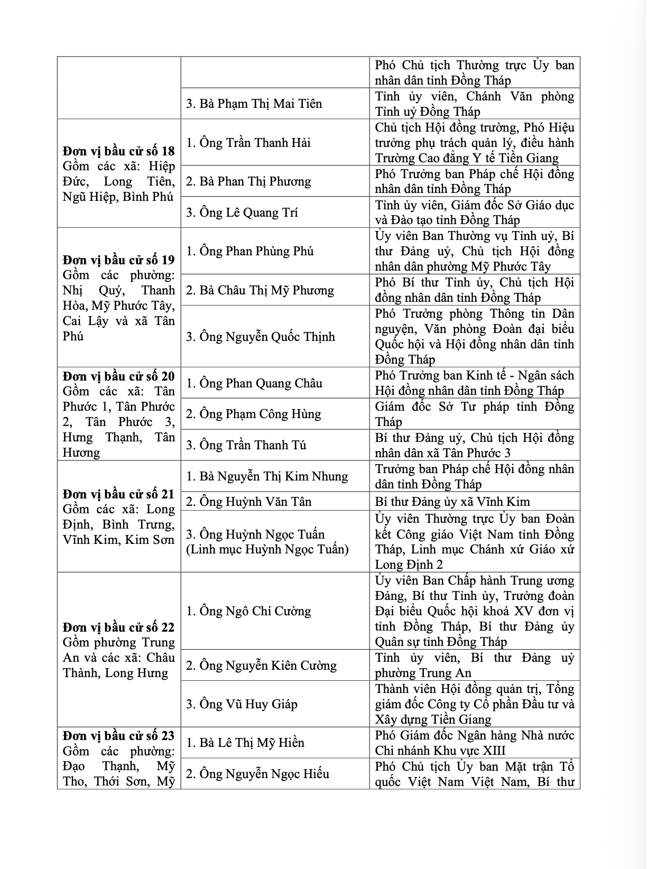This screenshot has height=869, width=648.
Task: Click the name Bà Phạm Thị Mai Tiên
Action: click(254, 104)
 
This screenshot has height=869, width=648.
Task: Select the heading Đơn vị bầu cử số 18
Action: click(118, 151)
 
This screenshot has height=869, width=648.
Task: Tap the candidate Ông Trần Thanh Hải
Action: click(248, 143)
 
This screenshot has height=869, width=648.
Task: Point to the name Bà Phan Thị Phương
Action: click(248, 181)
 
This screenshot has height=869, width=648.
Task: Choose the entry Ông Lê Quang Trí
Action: click(242, 212)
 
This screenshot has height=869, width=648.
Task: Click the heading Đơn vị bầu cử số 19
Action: click(118, 260)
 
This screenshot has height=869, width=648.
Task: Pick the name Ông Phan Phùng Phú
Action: click(249, 251)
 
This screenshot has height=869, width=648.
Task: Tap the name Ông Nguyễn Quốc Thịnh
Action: click(260, 337)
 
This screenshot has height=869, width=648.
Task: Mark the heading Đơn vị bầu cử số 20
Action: click(118, 376)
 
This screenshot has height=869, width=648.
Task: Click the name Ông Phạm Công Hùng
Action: click(253, 414)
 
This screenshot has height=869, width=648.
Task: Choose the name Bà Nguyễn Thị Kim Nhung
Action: click(267, 476)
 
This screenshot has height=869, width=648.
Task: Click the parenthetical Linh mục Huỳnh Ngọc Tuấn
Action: click(267, 550)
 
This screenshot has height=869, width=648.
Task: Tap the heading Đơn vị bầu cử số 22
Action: click(118, 627)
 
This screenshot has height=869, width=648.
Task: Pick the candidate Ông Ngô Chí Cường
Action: click(248, 611)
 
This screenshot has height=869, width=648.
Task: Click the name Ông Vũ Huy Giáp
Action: click(242, 704)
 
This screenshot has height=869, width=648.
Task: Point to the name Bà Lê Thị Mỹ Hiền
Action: click(245, 743)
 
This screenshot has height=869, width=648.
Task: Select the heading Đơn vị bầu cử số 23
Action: click(118, 736)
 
